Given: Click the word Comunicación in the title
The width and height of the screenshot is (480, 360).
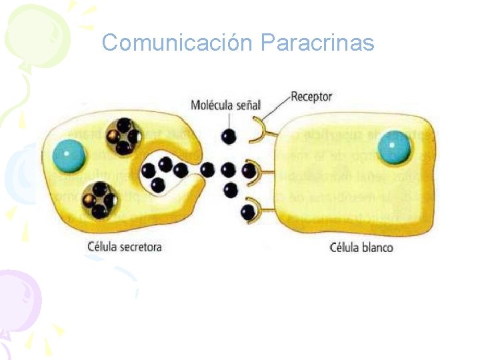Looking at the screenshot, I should point(177,43).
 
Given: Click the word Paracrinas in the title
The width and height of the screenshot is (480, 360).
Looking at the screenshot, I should point(317,43).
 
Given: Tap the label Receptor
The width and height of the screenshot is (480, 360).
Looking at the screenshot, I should point(311,97).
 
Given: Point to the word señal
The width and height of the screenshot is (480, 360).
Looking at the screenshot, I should point(249,105).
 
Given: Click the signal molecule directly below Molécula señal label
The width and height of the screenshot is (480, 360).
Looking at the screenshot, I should point(229,136).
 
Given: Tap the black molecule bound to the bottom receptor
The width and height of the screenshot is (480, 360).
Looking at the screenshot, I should point(247,212).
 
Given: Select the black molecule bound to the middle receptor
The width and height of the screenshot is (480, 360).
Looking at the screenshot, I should point(248,171).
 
